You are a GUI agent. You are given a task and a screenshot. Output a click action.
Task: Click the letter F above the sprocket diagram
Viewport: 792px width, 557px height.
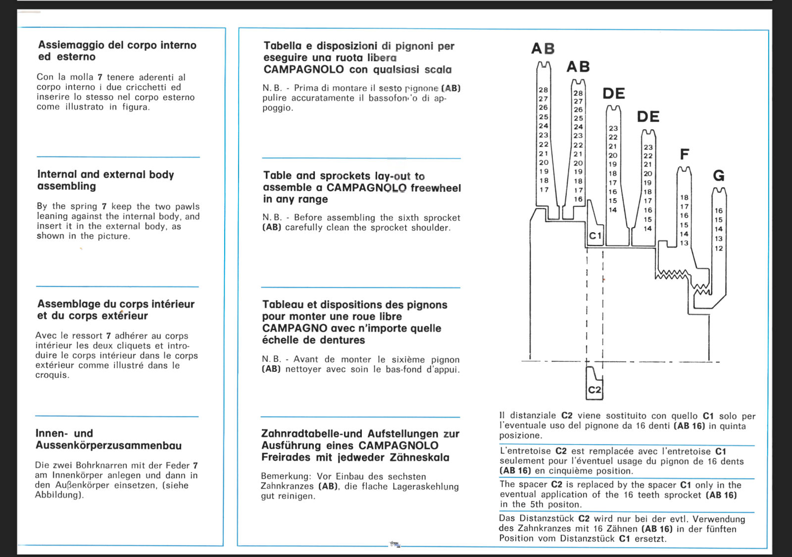685,154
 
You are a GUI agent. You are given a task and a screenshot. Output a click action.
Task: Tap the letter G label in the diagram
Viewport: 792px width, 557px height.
719,175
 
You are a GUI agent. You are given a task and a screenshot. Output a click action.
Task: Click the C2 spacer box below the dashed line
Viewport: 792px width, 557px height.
594,390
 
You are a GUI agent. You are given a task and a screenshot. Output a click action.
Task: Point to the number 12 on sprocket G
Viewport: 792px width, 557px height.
719,249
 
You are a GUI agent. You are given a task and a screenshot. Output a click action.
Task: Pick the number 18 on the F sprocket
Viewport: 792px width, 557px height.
684,197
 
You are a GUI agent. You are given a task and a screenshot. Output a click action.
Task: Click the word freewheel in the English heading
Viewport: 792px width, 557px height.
436,188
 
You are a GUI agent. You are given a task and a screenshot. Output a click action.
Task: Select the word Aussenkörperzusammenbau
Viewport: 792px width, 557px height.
108,446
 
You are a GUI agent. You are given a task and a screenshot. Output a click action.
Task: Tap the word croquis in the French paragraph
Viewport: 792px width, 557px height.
51,375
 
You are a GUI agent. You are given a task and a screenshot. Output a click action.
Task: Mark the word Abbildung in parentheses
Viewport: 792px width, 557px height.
57,495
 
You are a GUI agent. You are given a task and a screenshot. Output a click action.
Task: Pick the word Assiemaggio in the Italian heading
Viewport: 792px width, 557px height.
71,45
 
